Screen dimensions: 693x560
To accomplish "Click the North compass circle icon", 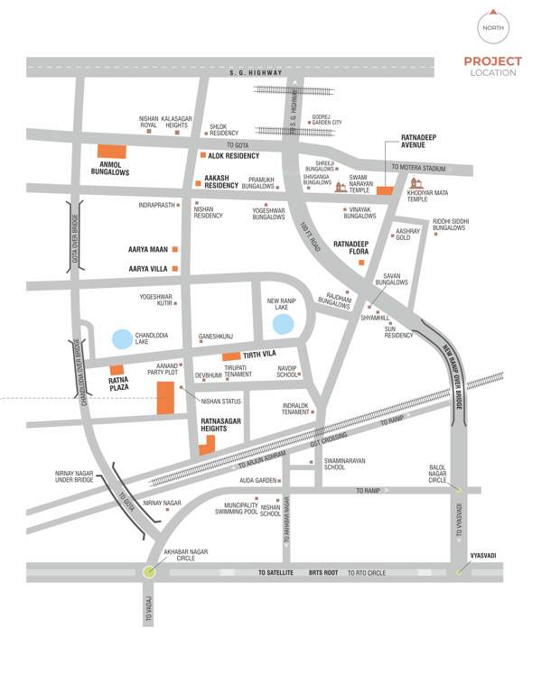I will [493, 27].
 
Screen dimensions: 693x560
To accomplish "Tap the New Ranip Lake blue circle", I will [283, 322].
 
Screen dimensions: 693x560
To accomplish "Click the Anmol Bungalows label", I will [110, 168].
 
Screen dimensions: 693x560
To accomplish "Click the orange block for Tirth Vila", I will [231, 356].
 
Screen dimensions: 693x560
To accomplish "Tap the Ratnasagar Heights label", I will [221, 423].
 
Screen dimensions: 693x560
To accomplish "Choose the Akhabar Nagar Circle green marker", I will [149, 570].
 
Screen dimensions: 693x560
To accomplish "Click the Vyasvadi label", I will [483, 556].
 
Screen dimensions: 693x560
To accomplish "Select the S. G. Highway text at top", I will [256, 72].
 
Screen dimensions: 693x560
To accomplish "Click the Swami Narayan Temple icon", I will [341, 187].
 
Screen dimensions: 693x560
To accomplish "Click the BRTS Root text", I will [322, 572].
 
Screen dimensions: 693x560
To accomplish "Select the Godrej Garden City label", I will [329, 120].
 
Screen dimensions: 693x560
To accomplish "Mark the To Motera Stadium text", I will [419, 168].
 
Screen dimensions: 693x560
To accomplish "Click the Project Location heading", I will [493, 67].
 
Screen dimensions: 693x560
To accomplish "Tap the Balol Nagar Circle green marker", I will [457, 489].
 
